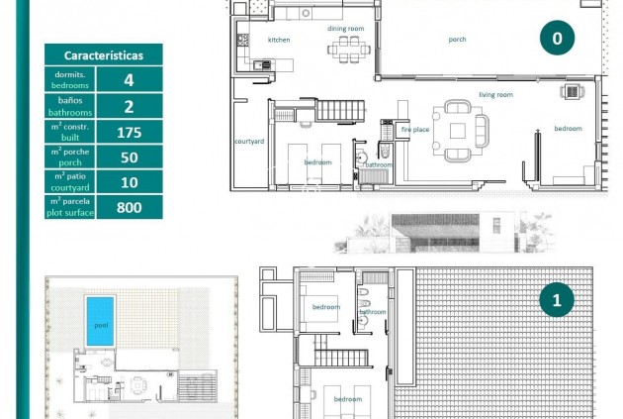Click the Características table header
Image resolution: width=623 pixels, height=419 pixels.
coord(104,56)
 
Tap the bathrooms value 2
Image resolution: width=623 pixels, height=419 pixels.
coord(129,107)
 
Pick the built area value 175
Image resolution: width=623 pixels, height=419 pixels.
coord(129,132)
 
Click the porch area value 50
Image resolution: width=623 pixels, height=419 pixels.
coord(129,157)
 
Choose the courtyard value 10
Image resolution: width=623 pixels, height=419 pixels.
coord(129,181)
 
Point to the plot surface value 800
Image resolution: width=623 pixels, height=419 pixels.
coord(129,207)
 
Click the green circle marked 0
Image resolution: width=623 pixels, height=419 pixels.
coord(557,39)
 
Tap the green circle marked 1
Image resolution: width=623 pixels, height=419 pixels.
coord(557,299)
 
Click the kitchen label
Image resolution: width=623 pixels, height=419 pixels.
coord(279,40)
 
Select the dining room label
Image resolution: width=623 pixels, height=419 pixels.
coord(346,29)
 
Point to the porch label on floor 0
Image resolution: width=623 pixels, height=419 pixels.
coord(457,40)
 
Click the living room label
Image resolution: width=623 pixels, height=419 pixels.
coord(495,94)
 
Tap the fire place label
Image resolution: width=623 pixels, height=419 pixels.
coord(414,130)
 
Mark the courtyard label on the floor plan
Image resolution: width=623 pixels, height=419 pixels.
coord(248,142)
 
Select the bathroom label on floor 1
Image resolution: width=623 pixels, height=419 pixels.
coord(373,312)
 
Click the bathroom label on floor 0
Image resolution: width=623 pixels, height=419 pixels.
coord(379,164)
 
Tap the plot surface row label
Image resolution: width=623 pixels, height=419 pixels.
coord(70,207)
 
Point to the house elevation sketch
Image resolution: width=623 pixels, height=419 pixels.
coord(445,235)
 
